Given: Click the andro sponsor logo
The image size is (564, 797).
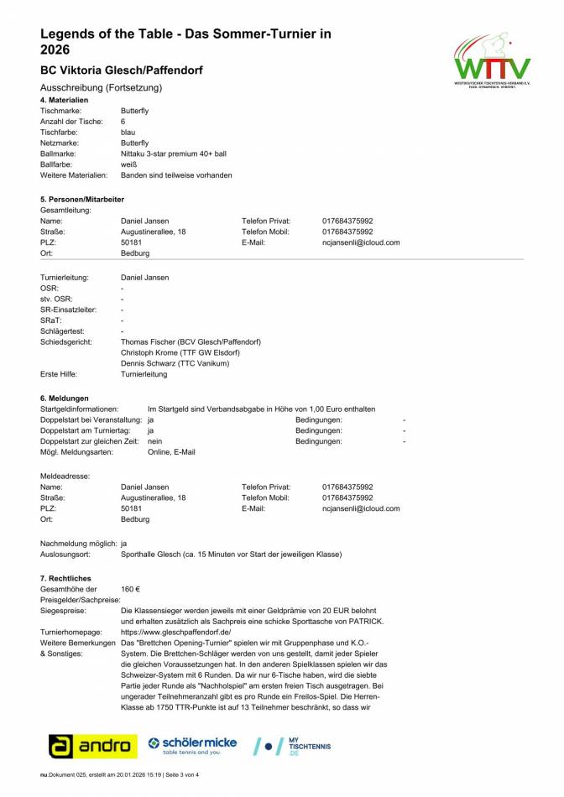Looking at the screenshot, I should pyautogui.click(x=92, y=745).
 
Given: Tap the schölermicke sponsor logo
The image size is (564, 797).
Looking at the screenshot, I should pyautogui.click(x=192, y=744).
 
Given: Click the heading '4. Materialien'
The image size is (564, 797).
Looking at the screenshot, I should pyautogui.click(x=65, y=100).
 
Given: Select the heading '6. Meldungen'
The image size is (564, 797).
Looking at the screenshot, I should pyautogui.click(x=65, y=398).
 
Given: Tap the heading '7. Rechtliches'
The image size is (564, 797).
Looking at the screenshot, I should pyautogui.click(x=66, y=578).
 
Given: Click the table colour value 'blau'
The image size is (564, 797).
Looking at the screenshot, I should pyautogui.click(x=128, y=133).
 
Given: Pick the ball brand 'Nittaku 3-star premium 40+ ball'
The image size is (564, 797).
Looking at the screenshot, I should pyautogui.click(x=174, y=154).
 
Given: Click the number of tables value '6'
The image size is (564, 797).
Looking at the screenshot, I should pyautogui.click(x=123, y=122).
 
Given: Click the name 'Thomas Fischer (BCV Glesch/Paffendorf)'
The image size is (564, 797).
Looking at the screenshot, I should pyautogui.click(x=191, y=341).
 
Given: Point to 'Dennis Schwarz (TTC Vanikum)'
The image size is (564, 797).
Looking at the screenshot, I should pyautogui.click(x=175, y=363).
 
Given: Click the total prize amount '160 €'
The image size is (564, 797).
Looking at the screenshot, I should pyautogui.click(x=131, y=589).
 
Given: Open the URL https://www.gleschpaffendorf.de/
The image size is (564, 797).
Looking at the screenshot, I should pyautogui.click(x=176, y=632).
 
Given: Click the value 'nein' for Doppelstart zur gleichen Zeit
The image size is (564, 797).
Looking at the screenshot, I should pyautogui.click(x=155, y=441).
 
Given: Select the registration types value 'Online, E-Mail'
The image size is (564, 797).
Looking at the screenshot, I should pyautogui.click(x=171, y=452).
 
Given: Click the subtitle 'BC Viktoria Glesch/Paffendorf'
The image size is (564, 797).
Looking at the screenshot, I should pyautogui.click(x=121, y=70).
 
